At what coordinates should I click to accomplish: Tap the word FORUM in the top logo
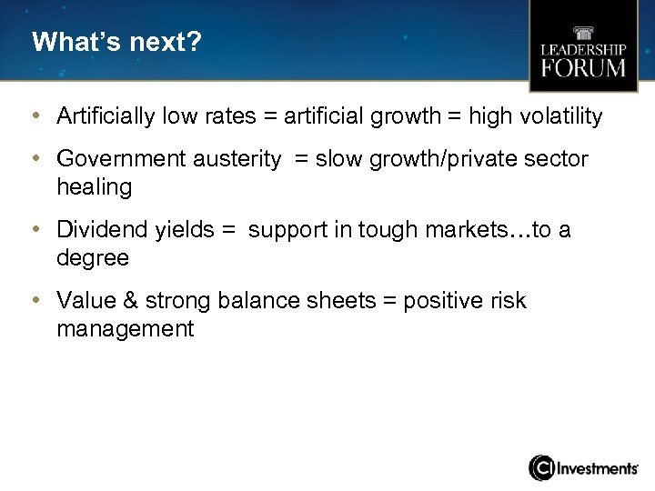click(583, 67)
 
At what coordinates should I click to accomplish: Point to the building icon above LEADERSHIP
click(583, 29)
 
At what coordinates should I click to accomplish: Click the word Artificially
click(106, 116)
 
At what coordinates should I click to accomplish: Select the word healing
click(94, 187)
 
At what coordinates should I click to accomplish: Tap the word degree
click(93, 258)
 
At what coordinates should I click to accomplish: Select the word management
click(126, 328)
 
